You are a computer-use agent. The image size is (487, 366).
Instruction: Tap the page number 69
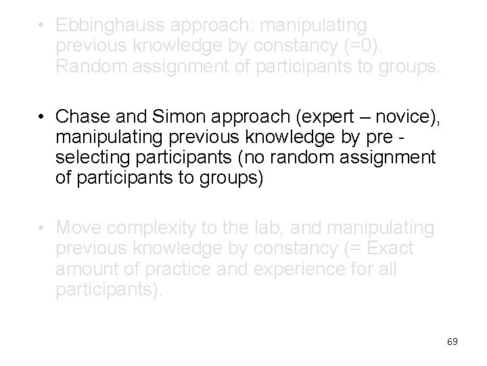click(x=453, y=342)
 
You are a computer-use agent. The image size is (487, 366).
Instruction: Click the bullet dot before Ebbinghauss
click(x=42, y=26)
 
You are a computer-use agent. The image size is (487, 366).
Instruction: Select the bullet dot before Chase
click(x=42, y=119)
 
